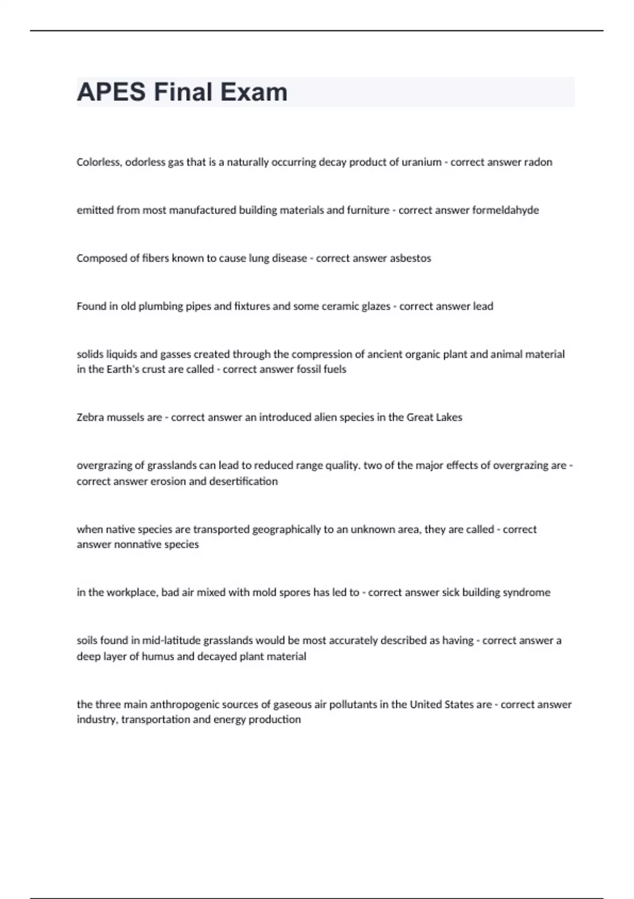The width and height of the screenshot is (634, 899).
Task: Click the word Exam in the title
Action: (x=254, y=92)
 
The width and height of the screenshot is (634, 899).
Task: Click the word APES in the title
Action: (x=111, y=92)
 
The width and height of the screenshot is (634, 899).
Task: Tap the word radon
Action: (x=538, y=162)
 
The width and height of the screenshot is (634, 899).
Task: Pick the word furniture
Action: (x=368, y=210)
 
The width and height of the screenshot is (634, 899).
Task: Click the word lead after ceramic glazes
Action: (x=483, y=306)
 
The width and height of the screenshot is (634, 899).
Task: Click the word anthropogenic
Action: (x=182, y=704)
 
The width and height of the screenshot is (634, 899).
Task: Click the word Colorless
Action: (x=99, y=162)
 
